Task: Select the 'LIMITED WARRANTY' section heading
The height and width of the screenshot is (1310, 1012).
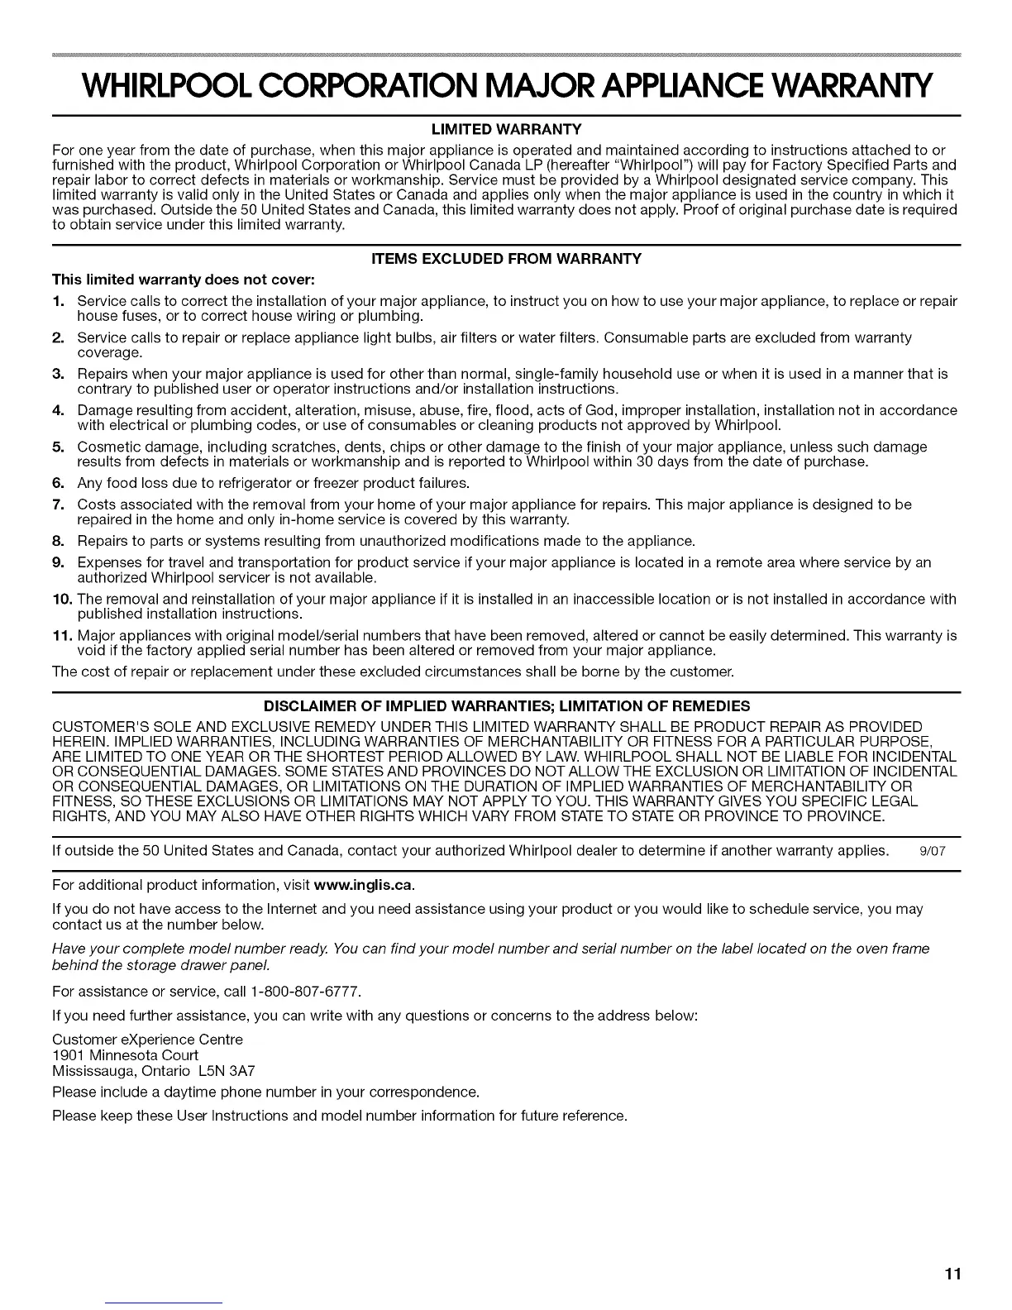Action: point(505,129)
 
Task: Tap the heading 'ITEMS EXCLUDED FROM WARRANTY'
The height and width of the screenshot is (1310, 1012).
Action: point(505,259)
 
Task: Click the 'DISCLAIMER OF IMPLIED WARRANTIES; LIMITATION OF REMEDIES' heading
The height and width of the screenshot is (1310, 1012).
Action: point(505,705)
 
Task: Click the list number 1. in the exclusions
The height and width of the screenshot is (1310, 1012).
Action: point(59,301)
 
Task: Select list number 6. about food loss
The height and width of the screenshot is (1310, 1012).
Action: point(59,483)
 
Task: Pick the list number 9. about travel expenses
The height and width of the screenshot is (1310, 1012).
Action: point(59,562)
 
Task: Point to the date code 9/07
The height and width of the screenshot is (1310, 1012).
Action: point(932,851)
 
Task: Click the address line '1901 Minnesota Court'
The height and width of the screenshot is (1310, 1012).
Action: point(125,1055)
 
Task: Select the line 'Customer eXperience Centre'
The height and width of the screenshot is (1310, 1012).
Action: point(147,1040)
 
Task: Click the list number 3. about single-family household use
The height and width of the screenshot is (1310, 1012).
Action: point(59,374)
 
